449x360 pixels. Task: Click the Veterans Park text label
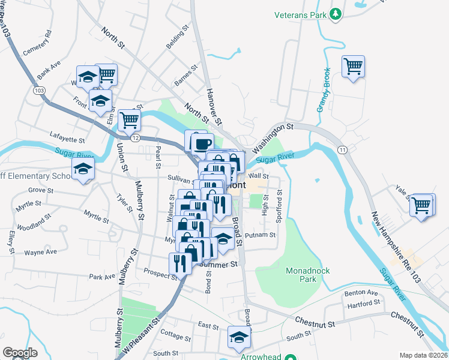(299, 14)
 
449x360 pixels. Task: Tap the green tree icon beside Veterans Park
(337, 13)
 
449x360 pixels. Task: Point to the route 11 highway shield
(342, 149)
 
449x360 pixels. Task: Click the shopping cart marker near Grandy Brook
(353, 65)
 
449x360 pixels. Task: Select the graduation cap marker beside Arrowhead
(239, 337)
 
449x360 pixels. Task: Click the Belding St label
(178, 40)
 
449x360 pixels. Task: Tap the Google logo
(20, 353)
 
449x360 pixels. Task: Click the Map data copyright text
(423, 355)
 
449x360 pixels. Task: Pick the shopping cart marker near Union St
(129, 119)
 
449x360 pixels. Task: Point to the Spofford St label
(280, 203)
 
